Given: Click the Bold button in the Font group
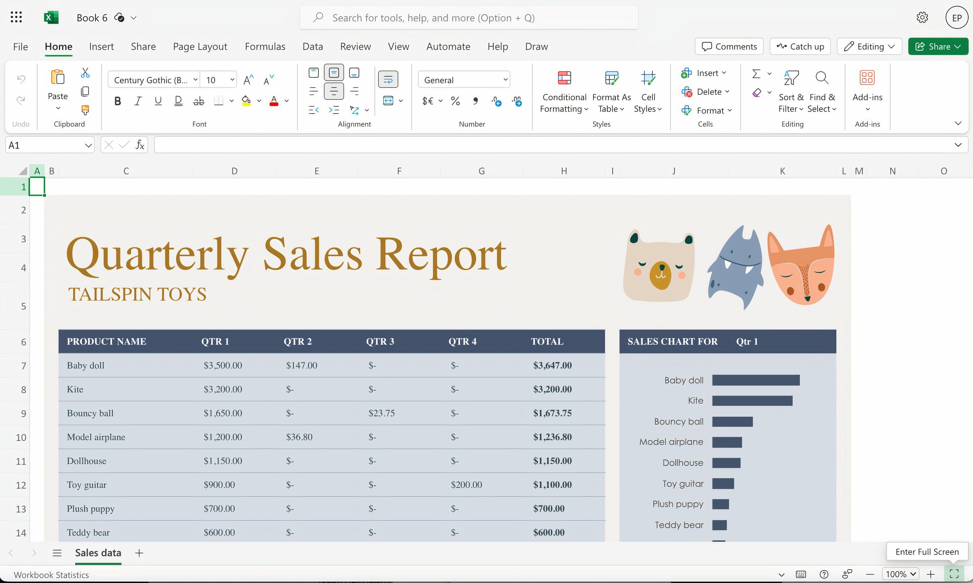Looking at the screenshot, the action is click(117, 101).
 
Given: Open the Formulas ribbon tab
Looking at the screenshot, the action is click(265, 46).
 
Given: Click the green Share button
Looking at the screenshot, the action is click(938, 46).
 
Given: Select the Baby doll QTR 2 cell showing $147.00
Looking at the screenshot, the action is click(301, 365).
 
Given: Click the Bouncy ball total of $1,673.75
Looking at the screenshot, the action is click(552, 413).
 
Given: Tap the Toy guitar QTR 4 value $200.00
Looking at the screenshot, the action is click(466, 485).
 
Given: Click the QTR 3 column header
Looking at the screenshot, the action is click(380, 341).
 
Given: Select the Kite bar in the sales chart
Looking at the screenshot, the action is click(752, 401).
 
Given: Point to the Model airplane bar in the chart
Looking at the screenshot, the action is click(727, 442).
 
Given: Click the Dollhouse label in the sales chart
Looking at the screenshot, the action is click(683, 463).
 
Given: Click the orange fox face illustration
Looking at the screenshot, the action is click(801, 267).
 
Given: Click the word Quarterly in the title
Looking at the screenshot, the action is click(157, 255).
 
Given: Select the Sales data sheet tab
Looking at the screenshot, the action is click(98, 553).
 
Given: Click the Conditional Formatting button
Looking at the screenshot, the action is click(564, 92).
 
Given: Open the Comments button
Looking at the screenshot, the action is click(729, 46).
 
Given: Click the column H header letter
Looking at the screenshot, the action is click(563, 171).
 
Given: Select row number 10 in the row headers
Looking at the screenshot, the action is click(21, 437).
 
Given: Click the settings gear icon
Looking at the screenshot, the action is click(922, 18).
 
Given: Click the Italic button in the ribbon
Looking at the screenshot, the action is click(138, 101).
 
